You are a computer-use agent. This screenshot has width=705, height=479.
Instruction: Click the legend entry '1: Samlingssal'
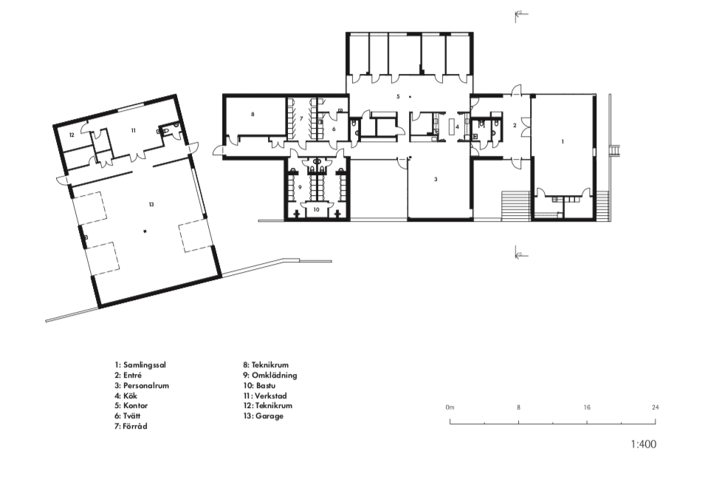coord(140,365)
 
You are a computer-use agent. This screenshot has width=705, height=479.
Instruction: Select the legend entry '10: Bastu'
coord(259,385)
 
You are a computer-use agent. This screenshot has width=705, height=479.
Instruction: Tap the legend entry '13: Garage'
coord(264,416)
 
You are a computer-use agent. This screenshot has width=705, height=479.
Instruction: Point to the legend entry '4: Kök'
coord(126,395)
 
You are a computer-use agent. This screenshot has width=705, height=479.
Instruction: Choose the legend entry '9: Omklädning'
coord(270,375)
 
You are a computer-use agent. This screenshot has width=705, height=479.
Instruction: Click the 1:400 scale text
coord(644,444)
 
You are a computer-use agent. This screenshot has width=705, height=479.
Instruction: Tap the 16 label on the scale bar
coord(587,407)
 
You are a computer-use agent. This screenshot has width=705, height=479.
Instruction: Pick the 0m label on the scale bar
coord(450,407)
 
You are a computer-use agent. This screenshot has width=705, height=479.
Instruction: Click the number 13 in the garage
coord(151,204)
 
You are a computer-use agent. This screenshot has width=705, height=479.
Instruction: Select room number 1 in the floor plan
coord(563,142)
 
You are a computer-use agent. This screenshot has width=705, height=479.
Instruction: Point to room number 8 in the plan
coord(252,115)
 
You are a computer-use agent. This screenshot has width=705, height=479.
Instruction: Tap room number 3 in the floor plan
coord(436,179)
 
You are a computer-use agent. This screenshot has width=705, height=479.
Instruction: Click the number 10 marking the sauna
coord(317,209)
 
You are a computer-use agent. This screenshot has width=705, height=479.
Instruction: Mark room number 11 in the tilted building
coord(133,131)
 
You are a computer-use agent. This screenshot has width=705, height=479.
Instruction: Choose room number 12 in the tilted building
coord(72,135)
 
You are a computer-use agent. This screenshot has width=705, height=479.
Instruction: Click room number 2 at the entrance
coord(515,126)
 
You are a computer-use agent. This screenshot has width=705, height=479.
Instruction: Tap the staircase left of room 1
coord(516,205)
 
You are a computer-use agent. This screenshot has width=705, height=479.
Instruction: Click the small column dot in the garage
coord(145,231)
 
